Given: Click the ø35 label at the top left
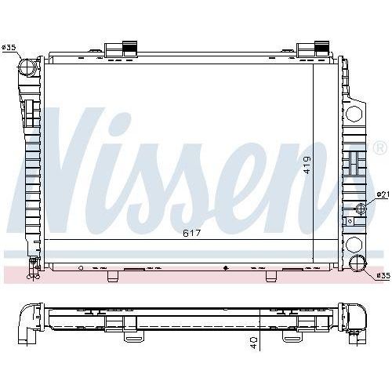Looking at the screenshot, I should tap(10, 48).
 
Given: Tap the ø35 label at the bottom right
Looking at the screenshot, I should tap(383, 275).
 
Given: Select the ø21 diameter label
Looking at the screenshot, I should tap(383, 194).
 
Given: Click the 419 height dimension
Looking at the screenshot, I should tap(308, 165).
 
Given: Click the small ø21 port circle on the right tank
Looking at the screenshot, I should tap(361, 208).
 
